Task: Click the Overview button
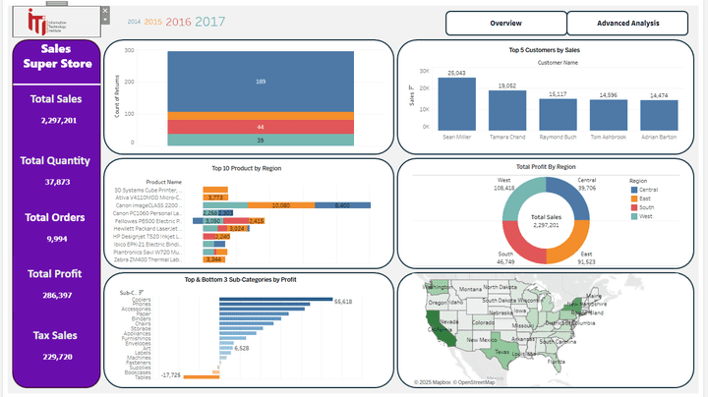[x=505, y=23]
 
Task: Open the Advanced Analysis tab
[x=627, y=23]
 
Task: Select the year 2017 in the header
[x=210, y=21]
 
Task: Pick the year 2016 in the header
[x=179, y=21]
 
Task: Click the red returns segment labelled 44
[x=260, y=127]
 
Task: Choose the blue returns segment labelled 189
[x=260, y=83]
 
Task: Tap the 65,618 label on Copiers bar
[x=343, y=301]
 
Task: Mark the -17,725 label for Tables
[x=171, y=375]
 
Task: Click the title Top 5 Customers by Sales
[x=544, y=49]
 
